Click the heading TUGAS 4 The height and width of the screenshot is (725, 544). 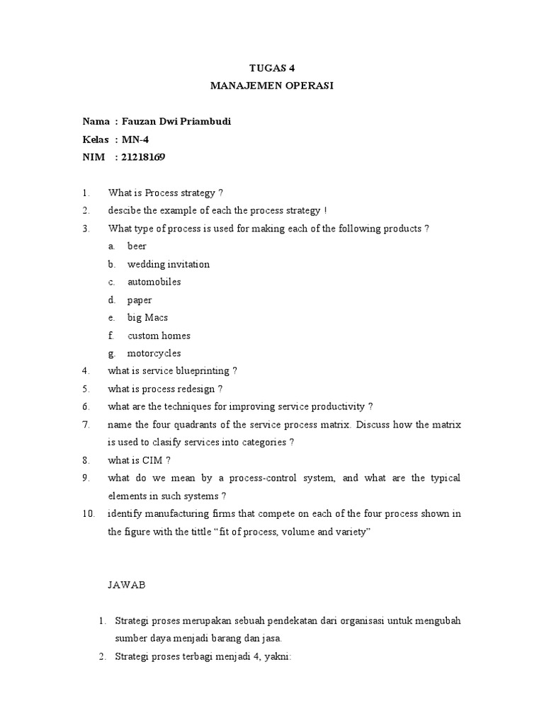[x=272, y=68]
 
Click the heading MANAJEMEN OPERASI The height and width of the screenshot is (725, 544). [x=272, y=86]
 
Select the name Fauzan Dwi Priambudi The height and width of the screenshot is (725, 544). [x=176, y=122]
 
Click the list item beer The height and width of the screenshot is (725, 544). [x=137, y=246]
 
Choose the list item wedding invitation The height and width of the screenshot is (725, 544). [x=169, y=264]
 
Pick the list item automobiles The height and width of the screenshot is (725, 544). [x=154, y=282]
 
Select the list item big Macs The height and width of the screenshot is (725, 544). [x=147, y=317]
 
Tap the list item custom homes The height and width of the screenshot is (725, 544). [x=159, y=336]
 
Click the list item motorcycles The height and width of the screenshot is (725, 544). [x=154, y=353]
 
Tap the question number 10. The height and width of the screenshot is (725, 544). [x=88, y=514]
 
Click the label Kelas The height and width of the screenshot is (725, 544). [x=95, y=139]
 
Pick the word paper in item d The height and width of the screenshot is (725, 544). [x=140, y=299]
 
